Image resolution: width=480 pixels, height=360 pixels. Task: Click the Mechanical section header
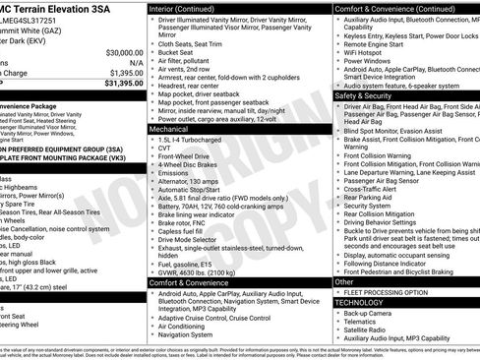coord(169,129)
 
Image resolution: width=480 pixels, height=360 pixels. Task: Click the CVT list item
coord(163,150)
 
